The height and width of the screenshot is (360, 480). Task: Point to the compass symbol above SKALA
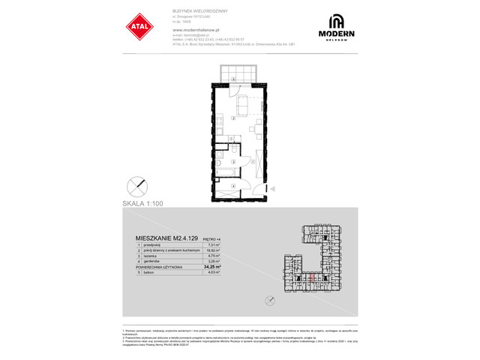(137, 184)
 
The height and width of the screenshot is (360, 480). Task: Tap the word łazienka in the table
(147, 256)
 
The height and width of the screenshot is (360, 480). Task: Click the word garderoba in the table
(148, 261)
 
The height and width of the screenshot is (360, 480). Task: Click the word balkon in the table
(145, 272)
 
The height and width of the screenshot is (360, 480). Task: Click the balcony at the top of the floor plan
(234, 77)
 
